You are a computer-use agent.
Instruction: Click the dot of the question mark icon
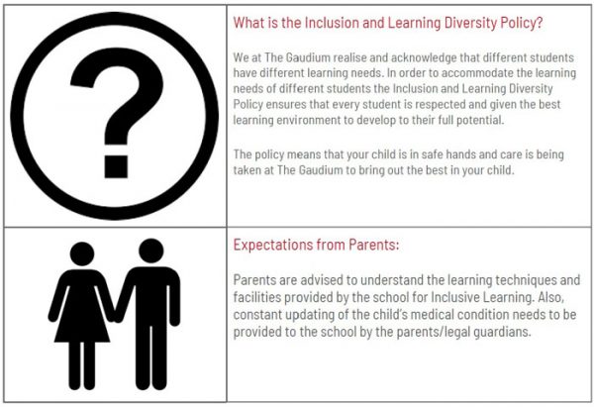pyautogui.click(x=116, y=166)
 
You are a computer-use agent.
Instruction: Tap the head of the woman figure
pyautogui.click(x=82, y=254)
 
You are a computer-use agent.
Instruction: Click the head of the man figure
pyautogui.click(x=151, y=251)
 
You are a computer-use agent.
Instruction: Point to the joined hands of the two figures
pyautogui.click(x=115, y=316)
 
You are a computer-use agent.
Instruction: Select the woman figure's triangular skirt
pyautogui.click(x=82, y=322)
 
